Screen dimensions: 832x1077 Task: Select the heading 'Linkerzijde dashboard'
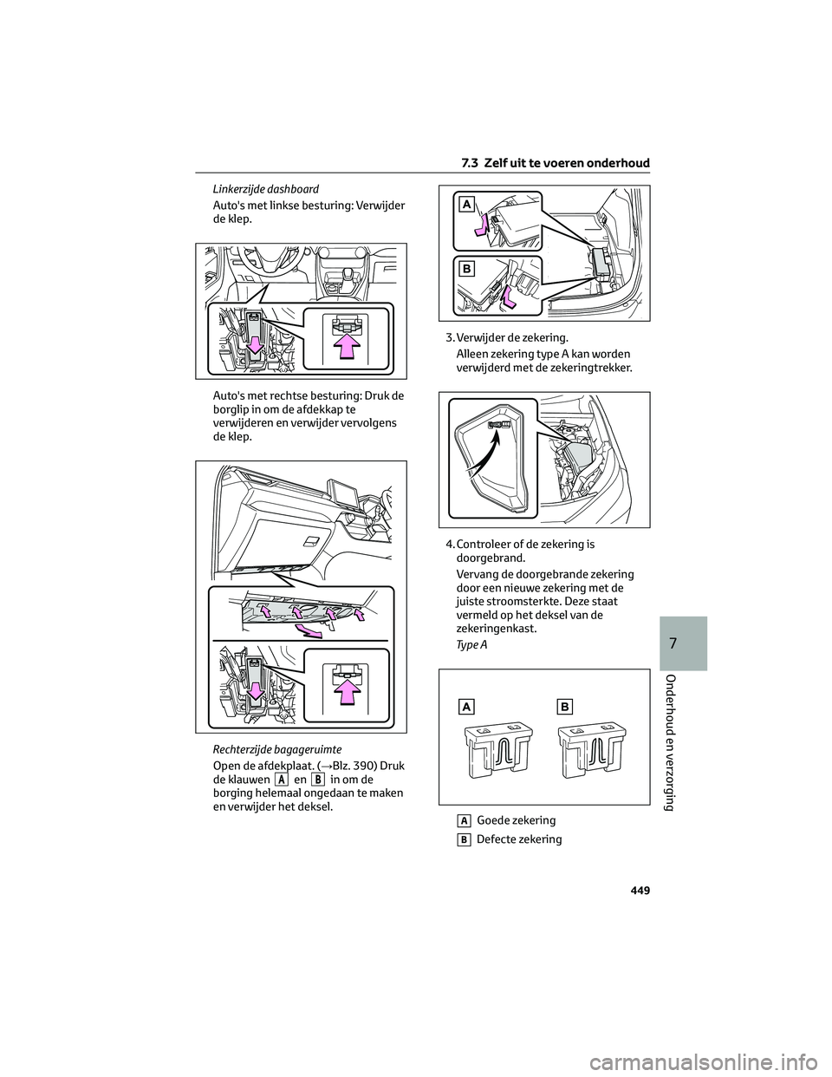266,189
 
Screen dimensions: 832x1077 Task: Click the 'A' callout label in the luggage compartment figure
466,204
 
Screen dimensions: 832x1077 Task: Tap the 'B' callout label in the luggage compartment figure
466,269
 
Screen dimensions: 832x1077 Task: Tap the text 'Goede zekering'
516,820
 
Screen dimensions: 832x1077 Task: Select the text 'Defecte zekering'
519,839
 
